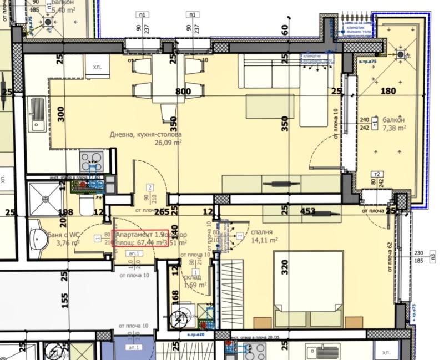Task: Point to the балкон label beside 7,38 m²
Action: click(393, 120)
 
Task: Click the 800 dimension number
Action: click(183, 92)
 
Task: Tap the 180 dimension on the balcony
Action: click(389, 92)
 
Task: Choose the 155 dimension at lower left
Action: click(64, 300)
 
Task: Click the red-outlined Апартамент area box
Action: click(141, 239)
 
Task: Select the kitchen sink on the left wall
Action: click(37, 115)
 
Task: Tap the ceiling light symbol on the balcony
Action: click(400, 55)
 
